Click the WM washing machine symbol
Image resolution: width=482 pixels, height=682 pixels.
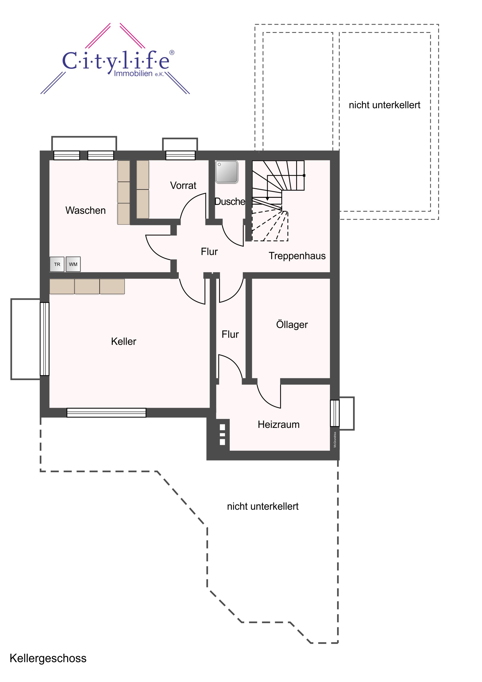pos(73,264)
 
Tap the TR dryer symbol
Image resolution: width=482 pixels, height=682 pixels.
pos(57,264)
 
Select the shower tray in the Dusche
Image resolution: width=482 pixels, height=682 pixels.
pos(226,172)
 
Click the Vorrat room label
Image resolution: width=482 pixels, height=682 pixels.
pos(183,186)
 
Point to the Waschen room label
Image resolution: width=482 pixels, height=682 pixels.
pos(86,210)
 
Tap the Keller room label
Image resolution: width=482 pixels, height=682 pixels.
pos(124,341)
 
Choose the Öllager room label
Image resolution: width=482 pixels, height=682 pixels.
pos(292,324)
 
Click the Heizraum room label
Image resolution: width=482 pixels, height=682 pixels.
pos(279,424)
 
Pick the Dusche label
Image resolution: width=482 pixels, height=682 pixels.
pos(230,201)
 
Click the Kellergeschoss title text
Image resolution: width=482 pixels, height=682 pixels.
pos(48,658)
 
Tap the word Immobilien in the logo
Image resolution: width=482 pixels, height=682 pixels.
pos(133,73)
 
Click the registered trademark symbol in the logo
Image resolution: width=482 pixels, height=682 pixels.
pos(172,52)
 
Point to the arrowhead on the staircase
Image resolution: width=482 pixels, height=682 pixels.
pos(267,198)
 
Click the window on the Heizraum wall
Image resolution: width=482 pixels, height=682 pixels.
pos(335,413)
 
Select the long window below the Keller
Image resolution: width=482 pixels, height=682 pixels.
pos(106,412)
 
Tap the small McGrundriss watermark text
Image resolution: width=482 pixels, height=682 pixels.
pos(335,440)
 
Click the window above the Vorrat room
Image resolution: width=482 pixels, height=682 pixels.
pos(180,155)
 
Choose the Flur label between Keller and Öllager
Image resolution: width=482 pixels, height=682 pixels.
pos(230,334)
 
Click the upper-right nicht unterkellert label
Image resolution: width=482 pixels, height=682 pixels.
pos(384,105)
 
